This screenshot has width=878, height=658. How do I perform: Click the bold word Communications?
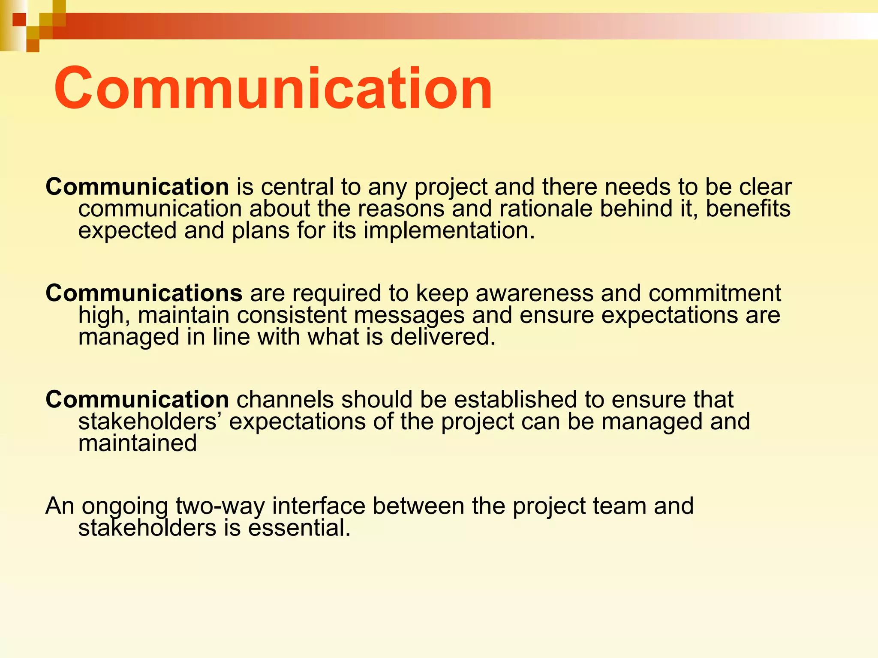[144, 293]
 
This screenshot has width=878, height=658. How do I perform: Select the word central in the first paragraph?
[297, 187]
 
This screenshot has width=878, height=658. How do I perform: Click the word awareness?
[534, 293]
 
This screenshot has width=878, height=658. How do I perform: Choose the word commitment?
[715, 293]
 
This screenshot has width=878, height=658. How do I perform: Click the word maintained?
[137, 443]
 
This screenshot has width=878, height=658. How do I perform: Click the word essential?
[299, 528]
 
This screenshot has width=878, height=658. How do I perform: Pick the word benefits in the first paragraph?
[748, 209]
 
